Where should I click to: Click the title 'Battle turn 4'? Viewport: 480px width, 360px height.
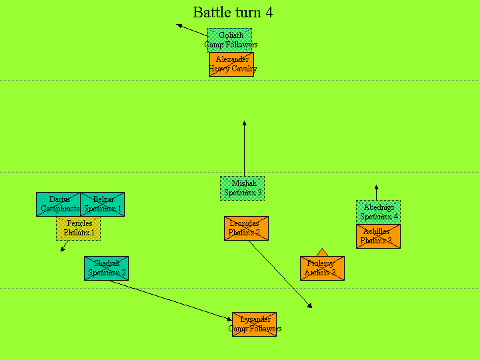click(x=233, y=13)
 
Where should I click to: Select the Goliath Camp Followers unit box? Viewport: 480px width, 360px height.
click(x=230, y=40)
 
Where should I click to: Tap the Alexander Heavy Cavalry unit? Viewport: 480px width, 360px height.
click(x=231, y=64)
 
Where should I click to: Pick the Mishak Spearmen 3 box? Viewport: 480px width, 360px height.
click(x=243, y=188)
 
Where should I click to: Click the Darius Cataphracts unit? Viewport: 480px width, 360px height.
click(x=59, y=204)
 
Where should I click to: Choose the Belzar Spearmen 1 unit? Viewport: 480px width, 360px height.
click(x=102, y=204)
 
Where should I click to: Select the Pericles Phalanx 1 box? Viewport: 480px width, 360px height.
click(x=78, y=228)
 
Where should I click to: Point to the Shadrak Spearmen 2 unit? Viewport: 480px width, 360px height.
click(x=106, y=268)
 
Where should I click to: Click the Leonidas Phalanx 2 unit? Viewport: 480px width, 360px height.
click(x=246, y=228)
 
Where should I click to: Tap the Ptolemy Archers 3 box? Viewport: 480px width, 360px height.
click(x=322, y=268)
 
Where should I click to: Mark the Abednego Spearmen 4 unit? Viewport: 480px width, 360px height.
click(x=378, y=212)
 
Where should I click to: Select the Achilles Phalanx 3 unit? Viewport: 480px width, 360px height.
click(x=378, y=236)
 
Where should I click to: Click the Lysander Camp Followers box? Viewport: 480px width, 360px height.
click(x=254, y=324)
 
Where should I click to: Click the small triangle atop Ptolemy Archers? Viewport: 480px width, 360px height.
click(x=322, y=252)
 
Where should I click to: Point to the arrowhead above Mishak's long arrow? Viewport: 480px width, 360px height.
click(x=244, y=123)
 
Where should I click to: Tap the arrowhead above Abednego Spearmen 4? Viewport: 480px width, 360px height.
click(x=376, y=187)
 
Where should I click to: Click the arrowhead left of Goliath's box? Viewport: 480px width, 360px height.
click(x=179, y=25)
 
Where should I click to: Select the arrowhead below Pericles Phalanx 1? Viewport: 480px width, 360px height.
click(x=63, y=250)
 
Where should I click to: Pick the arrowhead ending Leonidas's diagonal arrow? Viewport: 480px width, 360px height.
click(x=309, y=306)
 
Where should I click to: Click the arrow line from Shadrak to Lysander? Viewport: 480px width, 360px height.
click(x=170, y=299)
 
